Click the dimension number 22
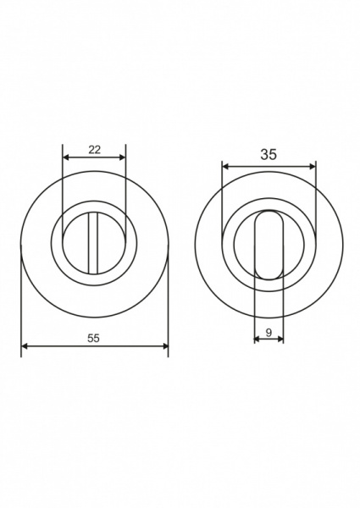click(94, 150)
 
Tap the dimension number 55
click(93, 338)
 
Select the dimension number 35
click(269, 155)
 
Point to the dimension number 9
click(269, 333)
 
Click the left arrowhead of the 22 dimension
click(66, 157)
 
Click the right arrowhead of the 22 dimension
click(122, 157)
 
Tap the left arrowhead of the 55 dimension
click(25, 346)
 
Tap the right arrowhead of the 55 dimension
click(165, 346)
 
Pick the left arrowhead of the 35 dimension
click(225, 167)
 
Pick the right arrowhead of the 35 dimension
click(312, 167)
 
